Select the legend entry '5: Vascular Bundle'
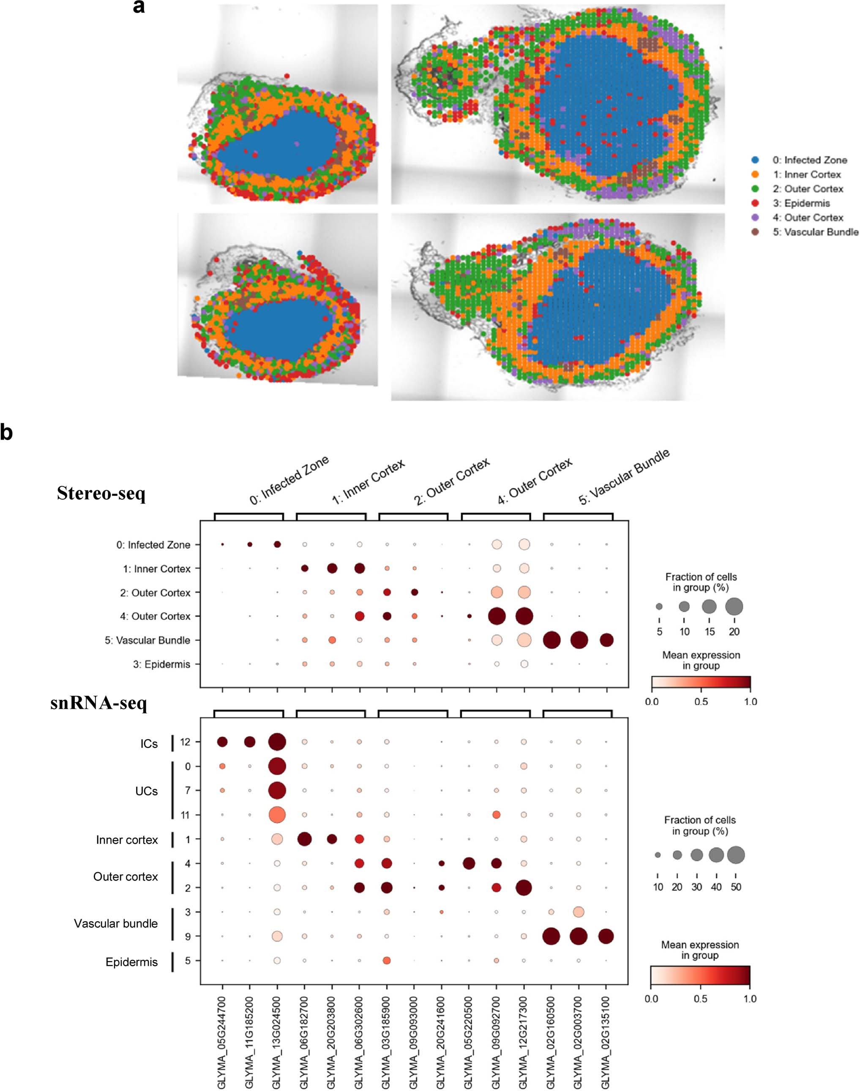click(815, 232)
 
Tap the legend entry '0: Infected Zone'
click(810, 160)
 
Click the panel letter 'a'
click(139, 7)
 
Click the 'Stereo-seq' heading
click(101, 493)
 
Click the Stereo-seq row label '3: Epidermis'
click(161, 664)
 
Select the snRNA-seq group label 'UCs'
click(147, 791)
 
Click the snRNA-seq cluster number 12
click(185, 742)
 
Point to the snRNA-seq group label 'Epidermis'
click(131, 962)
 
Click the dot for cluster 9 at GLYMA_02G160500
click(551, 936)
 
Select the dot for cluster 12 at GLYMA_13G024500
click(277, 742)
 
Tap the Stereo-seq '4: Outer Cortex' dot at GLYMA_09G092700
click(497, 616)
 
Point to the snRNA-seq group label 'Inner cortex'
click(127, 840)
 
